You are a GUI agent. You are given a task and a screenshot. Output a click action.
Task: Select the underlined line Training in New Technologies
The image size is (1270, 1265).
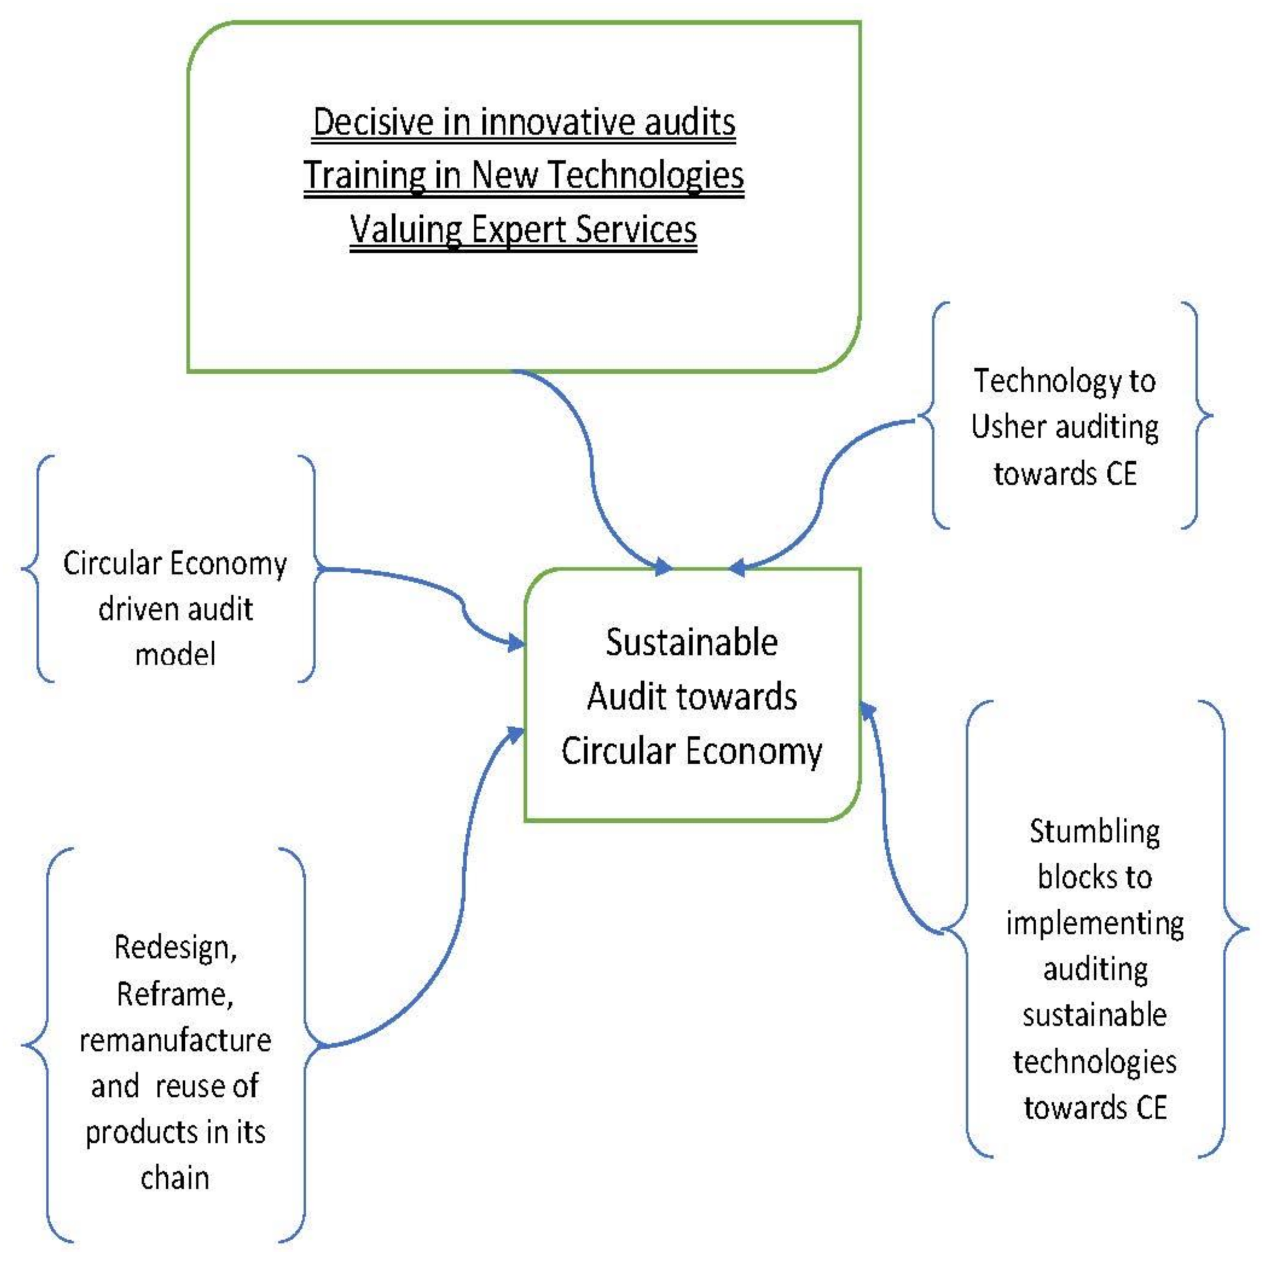(523, 175)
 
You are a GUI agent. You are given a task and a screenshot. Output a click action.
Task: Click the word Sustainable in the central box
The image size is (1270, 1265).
(691, 643)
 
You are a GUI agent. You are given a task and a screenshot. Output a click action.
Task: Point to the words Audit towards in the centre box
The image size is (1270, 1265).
(691, 697)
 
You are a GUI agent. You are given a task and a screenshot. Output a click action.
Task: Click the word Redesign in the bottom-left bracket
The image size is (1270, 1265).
(175, 948)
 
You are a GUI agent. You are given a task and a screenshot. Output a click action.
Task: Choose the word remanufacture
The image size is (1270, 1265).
(175, 1041)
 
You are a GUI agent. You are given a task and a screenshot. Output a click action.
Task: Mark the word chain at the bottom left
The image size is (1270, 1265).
(175, 1178)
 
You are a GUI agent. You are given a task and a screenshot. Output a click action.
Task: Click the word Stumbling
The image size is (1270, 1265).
(1094, 832)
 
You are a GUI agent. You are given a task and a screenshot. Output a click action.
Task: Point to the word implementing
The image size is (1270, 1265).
(1094, 924)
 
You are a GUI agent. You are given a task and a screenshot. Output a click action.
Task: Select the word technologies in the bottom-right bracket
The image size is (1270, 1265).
(1094, 1062)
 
